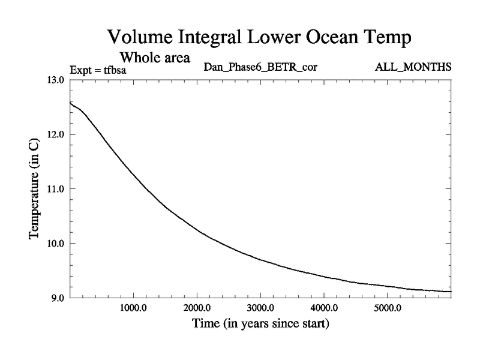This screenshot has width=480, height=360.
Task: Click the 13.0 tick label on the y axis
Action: click(58, 80)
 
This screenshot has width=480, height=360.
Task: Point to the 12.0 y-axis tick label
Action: click(58, 134)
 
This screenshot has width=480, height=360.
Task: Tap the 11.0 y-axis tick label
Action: click(58, 189)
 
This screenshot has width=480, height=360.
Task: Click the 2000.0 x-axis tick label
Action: click(197, 310)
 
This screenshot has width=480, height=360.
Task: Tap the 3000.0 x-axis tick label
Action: click(260, 310)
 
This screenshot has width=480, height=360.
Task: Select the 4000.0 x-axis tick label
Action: click(324, 310)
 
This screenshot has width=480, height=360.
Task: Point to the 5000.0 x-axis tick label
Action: click(388, 310)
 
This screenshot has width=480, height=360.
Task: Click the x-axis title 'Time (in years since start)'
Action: click(260, 325)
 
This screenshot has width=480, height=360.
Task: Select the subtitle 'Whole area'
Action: click(155, 58)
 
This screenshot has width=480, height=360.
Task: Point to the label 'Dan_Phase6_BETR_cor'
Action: click(260, 67)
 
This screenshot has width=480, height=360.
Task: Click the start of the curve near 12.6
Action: click(71, 103)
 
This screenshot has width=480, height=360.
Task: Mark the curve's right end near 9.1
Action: click(450, 292)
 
